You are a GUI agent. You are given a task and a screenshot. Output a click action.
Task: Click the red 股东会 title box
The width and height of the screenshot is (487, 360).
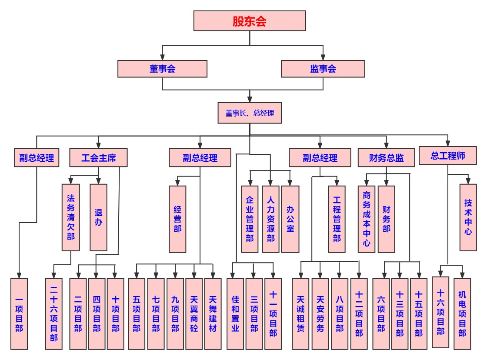tap(250, 21)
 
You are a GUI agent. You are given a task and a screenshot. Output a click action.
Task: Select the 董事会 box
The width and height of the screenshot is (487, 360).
tap(162, 69)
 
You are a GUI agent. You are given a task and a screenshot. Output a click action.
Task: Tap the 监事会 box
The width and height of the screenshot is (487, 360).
tap(323, 69)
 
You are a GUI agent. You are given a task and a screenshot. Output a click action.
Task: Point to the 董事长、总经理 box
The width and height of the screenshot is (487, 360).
tap(250, 113)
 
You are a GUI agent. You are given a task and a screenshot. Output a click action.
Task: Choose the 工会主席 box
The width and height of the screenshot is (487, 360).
tap(99, 157)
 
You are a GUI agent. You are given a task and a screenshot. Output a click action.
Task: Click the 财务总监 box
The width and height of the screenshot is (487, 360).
tap(387, 157)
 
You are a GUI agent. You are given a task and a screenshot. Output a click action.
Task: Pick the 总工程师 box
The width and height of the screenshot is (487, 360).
tap(448, 156)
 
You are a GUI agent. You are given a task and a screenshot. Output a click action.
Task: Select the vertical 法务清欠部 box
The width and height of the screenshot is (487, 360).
tap(71, 217)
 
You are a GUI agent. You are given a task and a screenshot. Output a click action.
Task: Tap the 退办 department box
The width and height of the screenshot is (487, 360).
tap(98, 217)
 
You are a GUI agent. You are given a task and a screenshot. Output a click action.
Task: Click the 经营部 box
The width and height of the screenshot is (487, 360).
tap(177, 219)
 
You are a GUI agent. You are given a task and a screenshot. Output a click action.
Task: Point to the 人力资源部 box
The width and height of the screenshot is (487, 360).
tap(270, 219)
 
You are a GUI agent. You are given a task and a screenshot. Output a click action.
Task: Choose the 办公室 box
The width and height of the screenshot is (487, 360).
tap(290, 219)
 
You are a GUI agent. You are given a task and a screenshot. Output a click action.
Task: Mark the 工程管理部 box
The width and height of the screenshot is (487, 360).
tap(337, 219)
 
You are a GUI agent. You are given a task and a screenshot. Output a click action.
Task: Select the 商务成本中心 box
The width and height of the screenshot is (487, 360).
tap(367, 219)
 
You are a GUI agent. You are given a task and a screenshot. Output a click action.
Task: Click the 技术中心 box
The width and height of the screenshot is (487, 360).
tap(468, 217)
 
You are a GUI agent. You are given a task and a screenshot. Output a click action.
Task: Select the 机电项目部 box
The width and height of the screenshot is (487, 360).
tap(462, 313)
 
